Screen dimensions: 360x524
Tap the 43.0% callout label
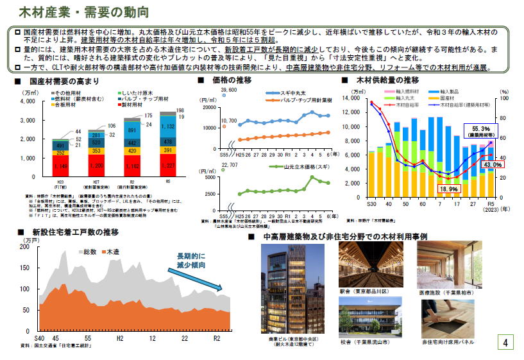point(492,165)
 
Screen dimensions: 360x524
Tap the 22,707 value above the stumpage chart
point(229,165)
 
